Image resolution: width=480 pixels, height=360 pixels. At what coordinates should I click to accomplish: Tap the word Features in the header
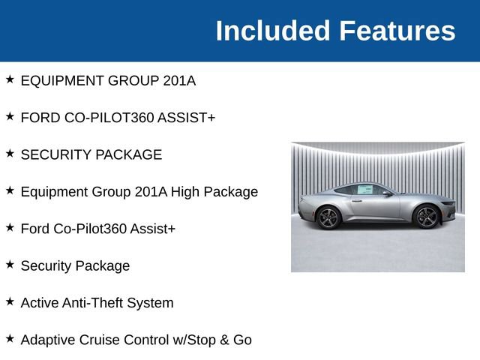click(x=397, y=31)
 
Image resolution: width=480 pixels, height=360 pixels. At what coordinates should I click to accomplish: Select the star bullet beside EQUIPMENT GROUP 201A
click(x=10, y=79)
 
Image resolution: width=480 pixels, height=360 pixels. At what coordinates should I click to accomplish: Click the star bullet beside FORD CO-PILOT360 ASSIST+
click(x=10, y=117)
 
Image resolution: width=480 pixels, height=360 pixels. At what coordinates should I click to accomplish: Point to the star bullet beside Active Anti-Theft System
click(x=10, y=302)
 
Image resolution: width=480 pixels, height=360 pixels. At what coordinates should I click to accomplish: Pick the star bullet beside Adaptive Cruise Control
click(x=10, y=339)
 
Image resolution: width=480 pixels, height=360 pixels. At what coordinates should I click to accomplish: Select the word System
click(x=151, y=303)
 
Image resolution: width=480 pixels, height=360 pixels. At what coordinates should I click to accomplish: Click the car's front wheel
click(x=426, y=217)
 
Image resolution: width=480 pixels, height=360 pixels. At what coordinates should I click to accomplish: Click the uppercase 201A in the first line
click(x=178, y=80)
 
